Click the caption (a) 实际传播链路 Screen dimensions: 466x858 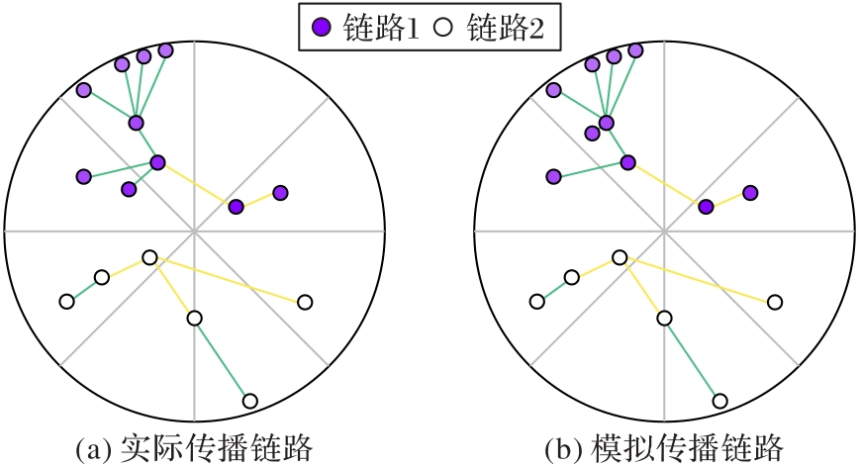pos(194,449)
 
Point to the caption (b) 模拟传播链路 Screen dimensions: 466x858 pos(664,449)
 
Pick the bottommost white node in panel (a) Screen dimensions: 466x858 pos(249,401)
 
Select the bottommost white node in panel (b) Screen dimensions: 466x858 pos(719,401)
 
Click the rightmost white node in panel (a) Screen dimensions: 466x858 pos(305,302)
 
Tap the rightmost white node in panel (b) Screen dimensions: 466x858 pos(775,302)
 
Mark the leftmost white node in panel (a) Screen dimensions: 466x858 pos(66,301)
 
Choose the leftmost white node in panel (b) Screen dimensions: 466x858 pos(536,301)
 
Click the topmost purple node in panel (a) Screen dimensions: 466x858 pos(165,50)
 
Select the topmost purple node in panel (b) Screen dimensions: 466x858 pos(635,50)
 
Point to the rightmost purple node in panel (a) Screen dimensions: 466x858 pos(280,192)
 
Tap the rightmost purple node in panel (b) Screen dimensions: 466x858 pos(750,192)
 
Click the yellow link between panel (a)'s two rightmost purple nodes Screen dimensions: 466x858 pos(257,200)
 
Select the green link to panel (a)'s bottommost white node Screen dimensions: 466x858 pos(222,359)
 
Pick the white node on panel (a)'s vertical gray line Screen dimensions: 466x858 pos(194,318)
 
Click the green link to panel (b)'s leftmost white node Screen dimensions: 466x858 pos(553,289)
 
